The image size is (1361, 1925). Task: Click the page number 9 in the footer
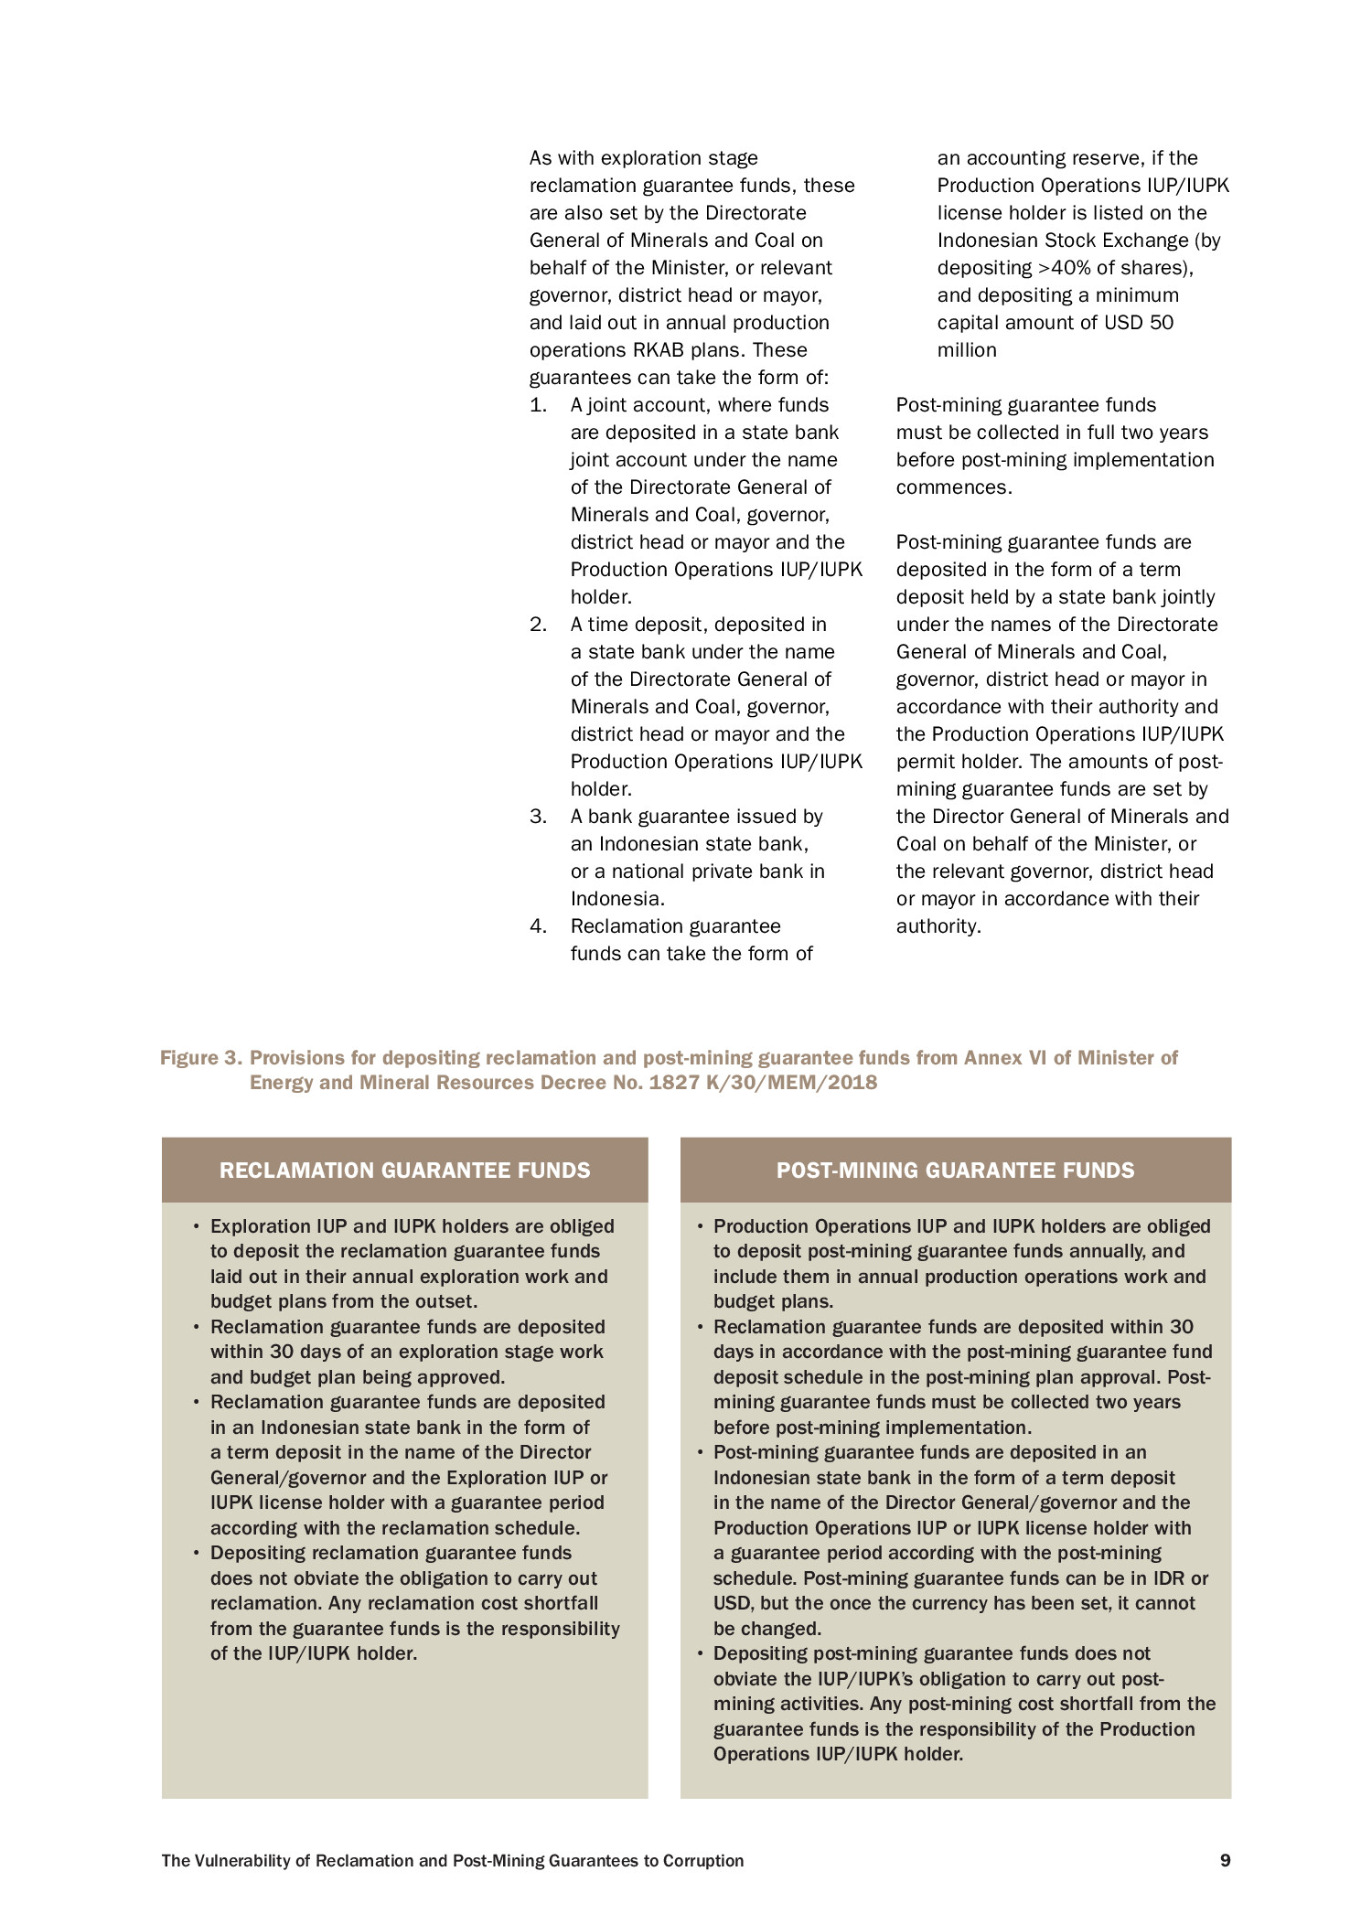(1225, 1860)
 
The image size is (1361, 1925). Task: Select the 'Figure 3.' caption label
(201, 1058)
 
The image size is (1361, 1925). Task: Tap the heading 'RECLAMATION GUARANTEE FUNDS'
(404, 1171)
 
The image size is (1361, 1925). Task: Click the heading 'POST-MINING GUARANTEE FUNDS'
(955, 1171)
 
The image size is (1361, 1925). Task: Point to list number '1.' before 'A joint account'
(539, 405)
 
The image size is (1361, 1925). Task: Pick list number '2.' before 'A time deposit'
(539, 625)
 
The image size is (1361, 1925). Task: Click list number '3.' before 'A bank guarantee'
(539, 817)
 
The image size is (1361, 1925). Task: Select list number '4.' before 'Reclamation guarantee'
(539, 926)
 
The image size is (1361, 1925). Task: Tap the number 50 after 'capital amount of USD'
(1161, 323)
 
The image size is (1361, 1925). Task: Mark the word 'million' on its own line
(967, 350)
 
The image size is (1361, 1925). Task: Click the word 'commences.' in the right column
(954, 487)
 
